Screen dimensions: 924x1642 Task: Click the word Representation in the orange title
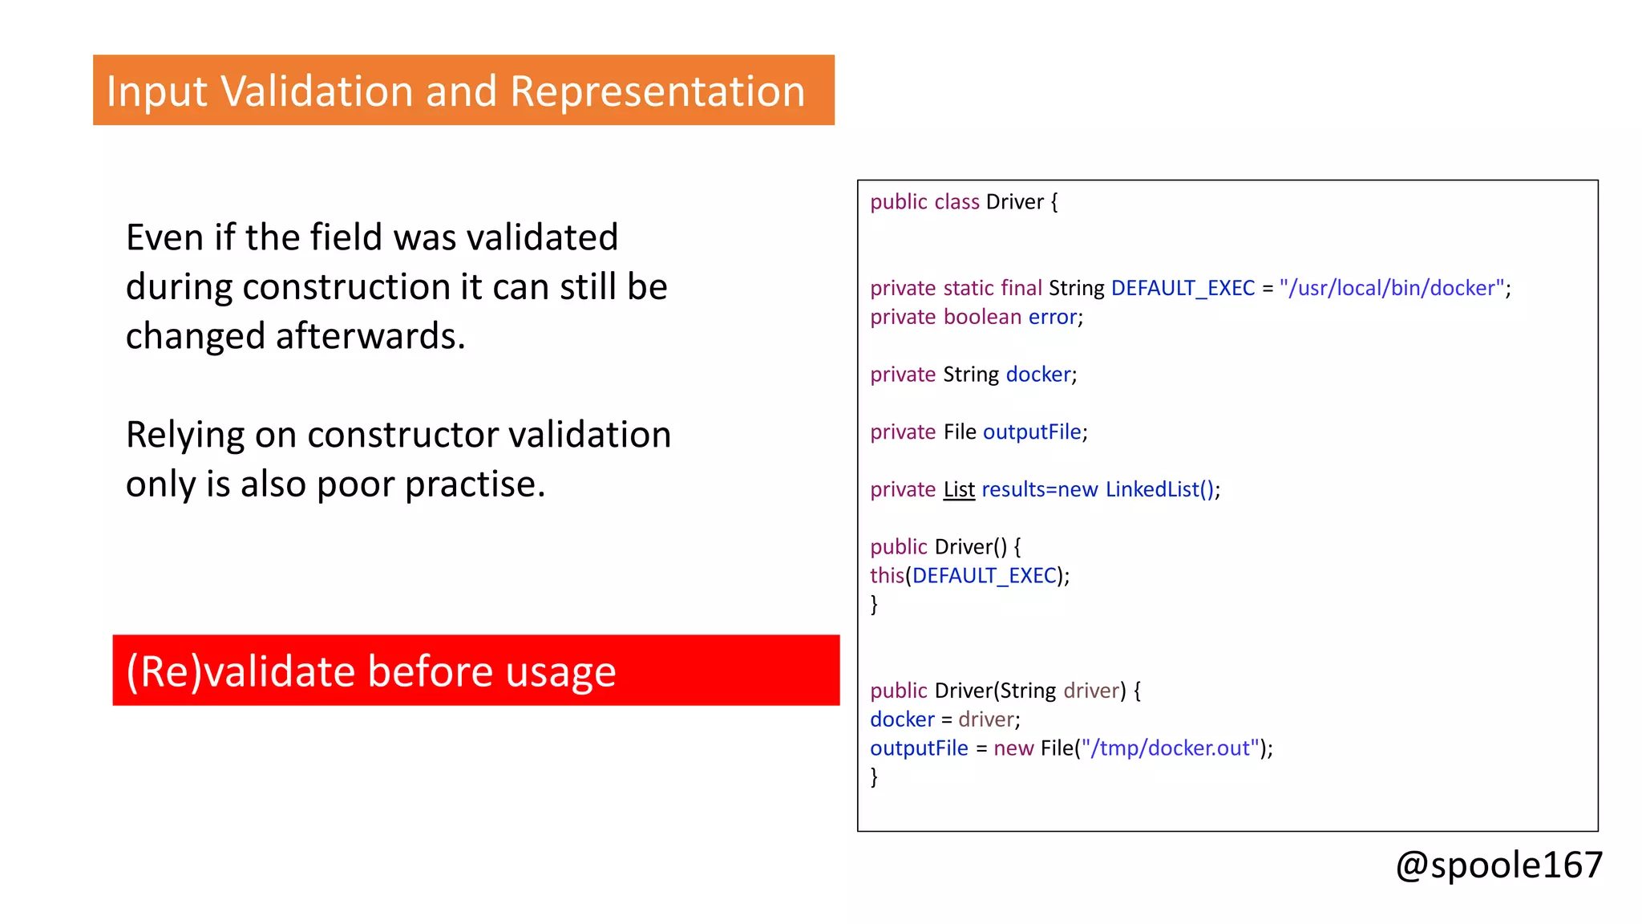click(x=657, y=91)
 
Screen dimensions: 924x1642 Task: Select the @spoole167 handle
click(x=1498, y=865)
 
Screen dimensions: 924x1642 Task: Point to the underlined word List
click(x=959, y=489)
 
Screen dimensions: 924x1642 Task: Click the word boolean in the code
click(x=982, y=317)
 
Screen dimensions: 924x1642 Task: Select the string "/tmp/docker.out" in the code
click(x=1170, y=748)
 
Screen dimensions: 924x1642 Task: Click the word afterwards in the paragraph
click(x=370, y=336)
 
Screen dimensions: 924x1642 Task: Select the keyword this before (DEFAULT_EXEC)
click(x=887, y=575)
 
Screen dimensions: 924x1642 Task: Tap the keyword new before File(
click(x=1013, y=748)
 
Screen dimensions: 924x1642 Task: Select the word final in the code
click(x=1021, y=288)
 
